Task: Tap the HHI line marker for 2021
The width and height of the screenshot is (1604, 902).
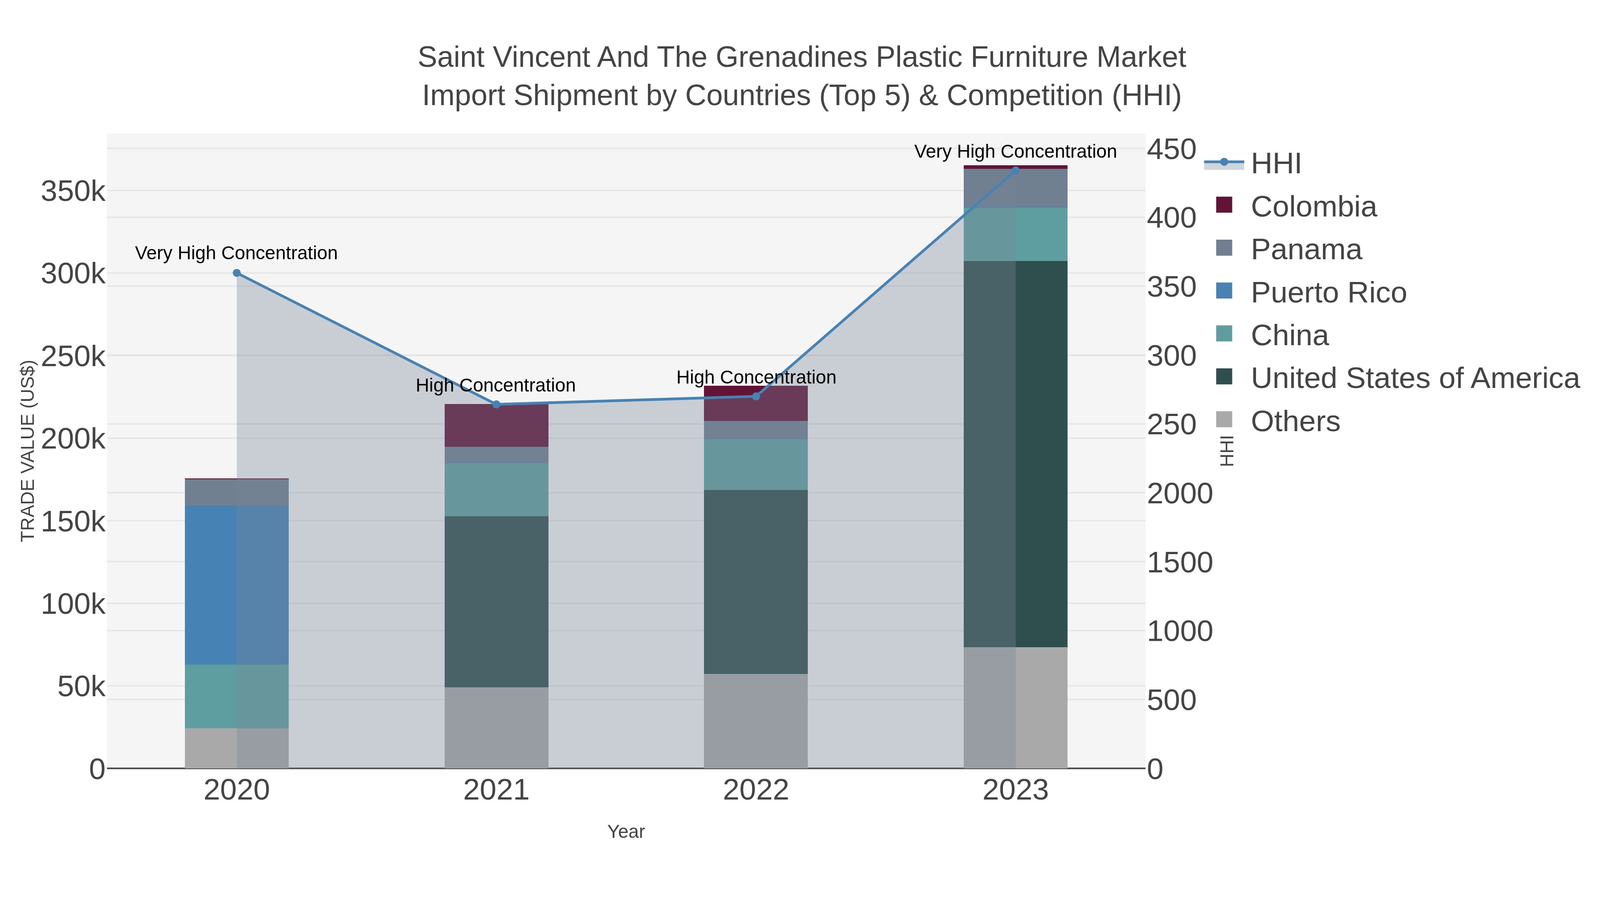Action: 496,404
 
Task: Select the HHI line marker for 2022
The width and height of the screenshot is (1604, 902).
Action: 756,396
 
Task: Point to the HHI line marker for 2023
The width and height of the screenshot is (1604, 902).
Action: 1015,171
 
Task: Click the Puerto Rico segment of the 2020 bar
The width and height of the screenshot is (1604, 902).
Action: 237,585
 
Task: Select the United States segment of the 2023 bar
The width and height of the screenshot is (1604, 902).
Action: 1015,454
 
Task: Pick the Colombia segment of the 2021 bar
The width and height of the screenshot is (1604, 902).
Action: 496,426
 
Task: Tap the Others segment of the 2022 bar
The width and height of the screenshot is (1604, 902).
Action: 756,721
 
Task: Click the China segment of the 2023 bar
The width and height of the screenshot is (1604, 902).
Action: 1015,234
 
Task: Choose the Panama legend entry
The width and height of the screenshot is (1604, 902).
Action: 1306,249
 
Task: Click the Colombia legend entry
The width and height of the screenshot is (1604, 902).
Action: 1313,207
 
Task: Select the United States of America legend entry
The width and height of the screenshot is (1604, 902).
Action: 1415,379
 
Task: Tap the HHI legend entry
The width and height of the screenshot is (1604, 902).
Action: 1275,164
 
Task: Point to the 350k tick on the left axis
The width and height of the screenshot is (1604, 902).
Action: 73,192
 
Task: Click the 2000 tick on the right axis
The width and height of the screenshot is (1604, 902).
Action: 1179,494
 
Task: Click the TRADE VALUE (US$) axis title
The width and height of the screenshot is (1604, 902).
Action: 27,451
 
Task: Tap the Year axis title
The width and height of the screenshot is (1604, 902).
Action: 626,832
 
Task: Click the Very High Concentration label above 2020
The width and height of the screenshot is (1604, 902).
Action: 236,253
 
